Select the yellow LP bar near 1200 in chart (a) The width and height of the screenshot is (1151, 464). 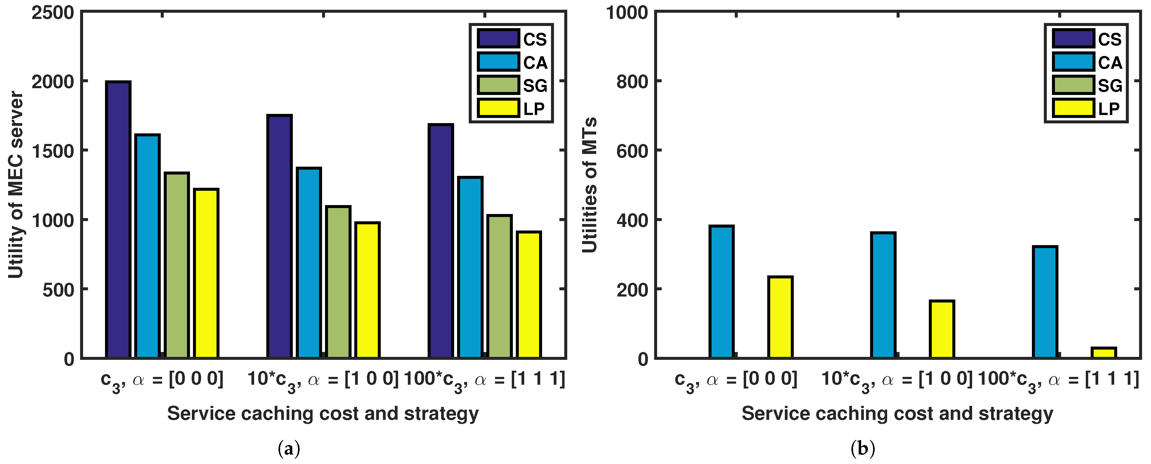[x=206, y=273]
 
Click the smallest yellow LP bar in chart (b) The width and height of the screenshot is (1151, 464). [x=1103, y=353]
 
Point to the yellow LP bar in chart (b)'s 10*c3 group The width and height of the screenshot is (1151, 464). [x=942, y=330]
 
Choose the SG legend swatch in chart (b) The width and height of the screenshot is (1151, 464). [x=1073, y=85]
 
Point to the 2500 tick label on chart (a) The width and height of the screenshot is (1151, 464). [x=53, y=12]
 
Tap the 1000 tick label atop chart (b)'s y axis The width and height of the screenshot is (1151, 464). [x=627, y=12]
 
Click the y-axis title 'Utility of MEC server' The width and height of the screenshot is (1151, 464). [x=16, y=185]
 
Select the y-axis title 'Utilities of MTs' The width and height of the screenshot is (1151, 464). [x=590, y=185]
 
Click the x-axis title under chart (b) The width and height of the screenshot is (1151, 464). [x=897, y=413]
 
